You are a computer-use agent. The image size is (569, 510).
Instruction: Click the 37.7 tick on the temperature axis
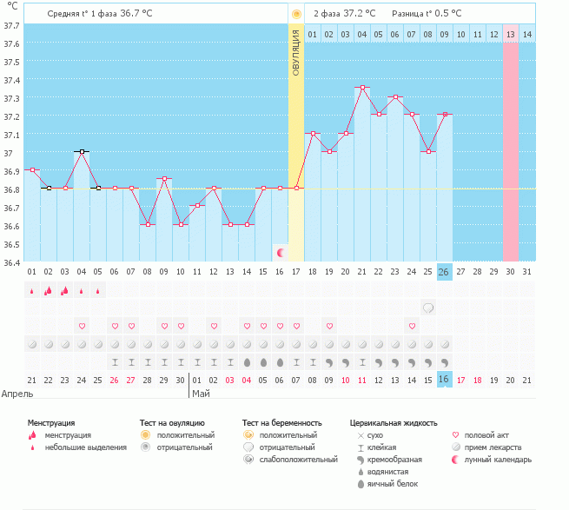tap(11, 26)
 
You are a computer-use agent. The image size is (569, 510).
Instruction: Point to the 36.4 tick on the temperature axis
tap(11, 262)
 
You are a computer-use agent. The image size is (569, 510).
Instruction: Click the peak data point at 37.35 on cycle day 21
tap(362, 88)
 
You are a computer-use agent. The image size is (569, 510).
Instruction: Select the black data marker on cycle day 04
tap(82, 152)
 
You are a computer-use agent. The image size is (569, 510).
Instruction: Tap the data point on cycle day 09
tap(164, 179)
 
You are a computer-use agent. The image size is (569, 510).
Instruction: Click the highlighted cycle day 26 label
tap(444, 272)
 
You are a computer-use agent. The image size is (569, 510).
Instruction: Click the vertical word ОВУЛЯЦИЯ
tap(296, 53)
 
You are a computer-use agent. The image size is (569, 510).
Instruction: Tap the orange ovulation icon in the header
tap(296, 14)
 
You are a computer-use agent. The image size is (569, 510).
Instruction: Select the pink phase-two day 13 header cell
tap(511, 35)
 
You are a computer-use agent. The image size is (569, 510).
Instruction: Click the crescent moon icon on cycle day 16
tap(280, 253)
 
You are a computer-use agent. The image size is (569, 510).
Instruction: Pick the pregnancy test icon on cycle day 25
tap(428, 308)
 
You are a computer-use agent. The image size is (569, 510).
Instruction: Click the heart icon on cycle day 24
tap(412, 326)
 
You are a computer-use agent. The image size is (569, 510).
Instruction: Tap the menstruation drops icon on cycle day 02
tap(49, 291)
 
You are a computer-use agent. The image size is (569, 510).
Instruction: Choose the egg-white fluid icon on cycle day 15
tap(263, 362)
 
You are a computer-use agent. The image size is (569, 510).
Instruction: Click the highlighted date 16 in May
tap(444, 380)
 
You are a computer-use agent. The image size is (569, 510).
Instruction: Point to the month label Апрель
tap(17, 394)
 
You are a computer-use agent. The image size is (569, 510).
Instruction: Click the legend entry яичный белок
tap(393, 484)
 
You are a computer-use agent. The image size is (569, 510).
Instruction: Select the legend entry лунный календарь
tap(498, 460)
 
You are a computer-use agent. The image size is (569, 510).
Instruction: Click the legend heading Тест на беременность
tap(282, 423)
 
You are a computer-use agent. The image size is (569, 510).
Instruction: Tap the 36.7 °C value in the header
tap(136, 14)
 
